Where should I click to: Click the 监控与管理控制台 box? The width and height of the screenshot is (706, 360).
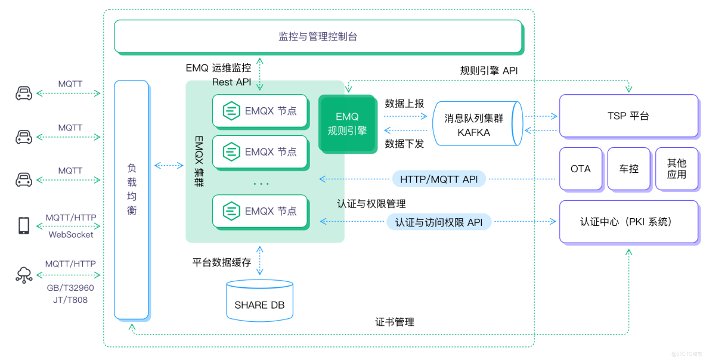point(318,36)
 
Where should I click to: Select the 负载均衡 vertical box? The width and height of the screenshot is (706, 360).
point(131,200)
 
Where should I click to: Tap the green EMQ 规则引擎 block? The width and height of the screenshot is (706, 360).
point(347,123)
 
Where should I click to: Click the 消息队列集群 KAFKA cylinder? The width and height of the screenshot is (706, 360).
point(475,124)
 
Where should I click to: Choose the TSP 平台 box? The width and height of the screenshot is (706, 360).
point(628,116)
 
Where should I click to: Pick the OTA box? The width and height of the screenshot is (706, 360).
point(580,169)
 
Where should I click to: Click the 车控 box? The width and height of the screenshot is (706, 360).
point(628,169)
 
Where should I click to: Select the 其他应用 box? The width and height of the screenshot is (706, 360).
point(676,169)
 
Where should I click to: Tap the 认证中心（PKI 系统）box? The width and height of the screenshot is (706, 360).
point(628,222)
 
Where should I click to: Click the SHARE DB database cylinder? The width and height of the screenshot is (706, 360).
point(259,302)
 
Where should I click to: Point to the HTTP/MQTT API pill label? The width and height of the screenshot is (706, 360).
point(439,179)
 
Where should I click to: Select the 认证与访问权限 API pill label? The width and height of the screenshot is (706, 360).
point(439,222)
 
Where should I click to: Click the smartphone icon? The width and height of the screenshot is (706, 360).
point(24,225)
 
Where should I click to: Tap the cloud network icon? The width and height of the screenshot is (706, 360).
point(24,275)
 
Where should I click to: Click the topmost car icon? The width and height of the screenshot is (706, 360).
point(24,94)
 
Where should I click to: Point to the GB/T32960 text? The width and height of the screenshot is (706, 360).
point(70,288)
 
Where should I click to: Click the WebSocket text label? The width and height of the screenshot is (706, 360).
point(70,234)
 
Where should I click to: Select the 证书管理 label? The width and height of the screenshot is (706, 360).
point(395,322)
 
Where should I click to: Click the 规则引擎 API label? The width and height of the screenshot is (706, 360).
point(489,70)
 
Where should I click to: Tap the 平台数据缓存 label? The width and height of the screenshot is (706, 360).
point(221,261)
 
